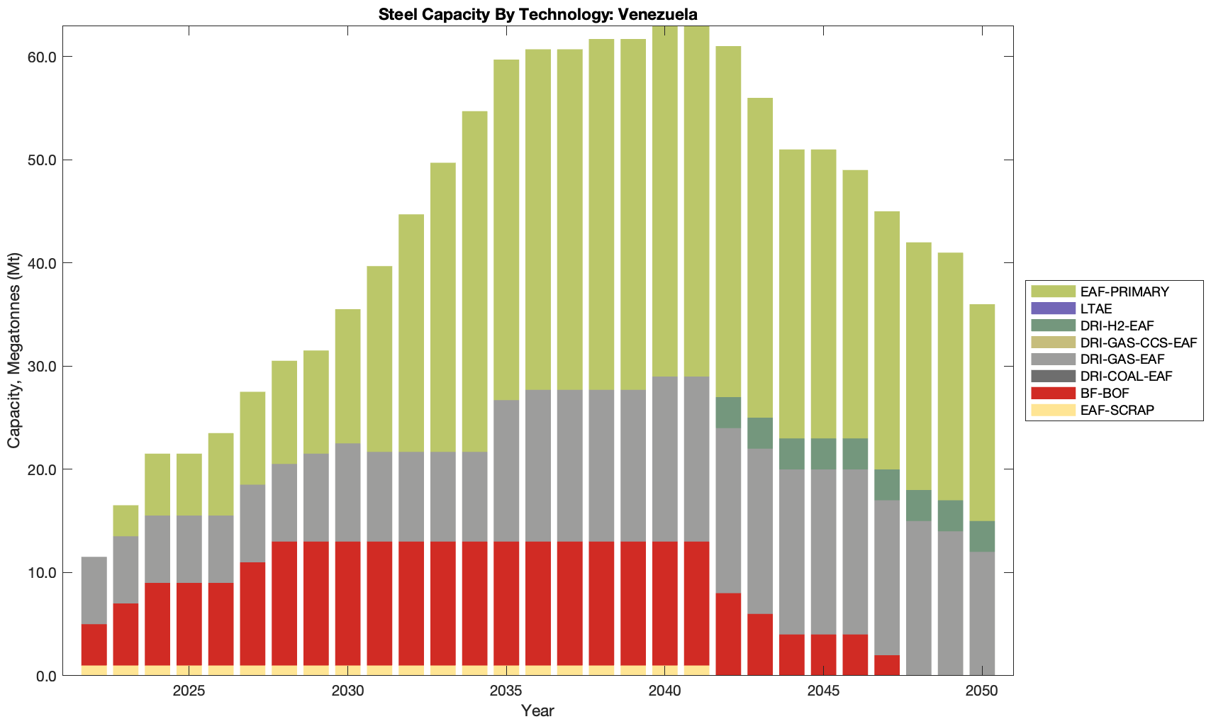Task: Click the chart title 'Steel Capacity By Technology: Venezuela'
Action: pos(537,14)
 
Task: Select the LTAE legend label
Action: pos(1096,308)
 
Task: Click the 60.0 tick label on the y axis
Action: pos(42,57)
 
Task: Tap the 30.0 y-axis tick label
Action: pos(42,367)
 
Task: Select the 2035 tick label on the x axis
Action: pos(506,691)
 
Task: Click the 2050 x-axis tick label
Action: pos(982,691)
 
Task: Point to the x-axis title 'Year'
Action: pos(537,711)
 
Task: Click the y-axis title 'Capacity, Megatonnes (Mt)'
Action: pos(14,350)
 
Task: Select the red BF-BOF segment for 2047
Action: pos(887,665)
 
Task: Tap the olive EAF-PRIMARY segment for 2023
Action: pos(126,520)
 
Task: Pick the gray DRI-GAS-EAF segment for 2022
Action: pos(94,591)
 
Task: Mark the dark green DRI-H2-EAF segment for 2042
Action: pos(728,413)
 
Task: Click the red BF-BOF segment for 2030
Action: pos(347,603)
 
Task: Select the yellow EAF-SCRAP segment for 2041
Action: pos(696,670)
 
